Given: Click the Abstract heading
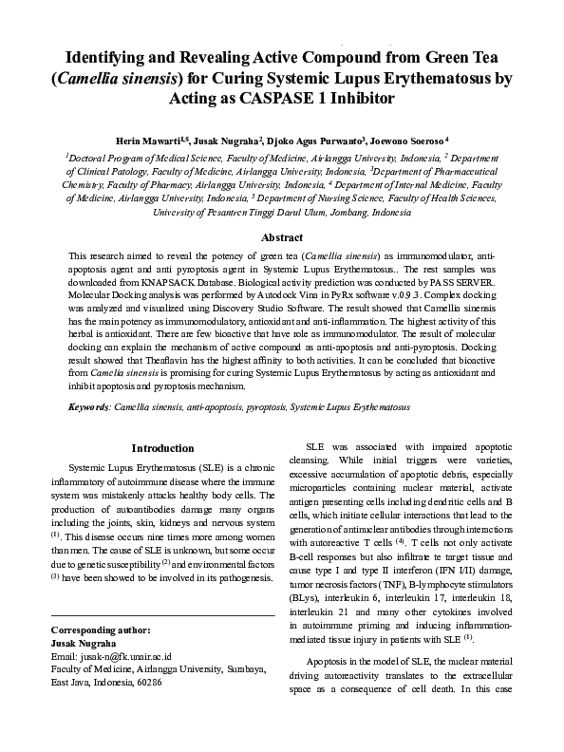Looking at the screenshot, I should point(282,237).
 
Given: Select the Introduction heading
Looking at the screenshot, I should point(163,447).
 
